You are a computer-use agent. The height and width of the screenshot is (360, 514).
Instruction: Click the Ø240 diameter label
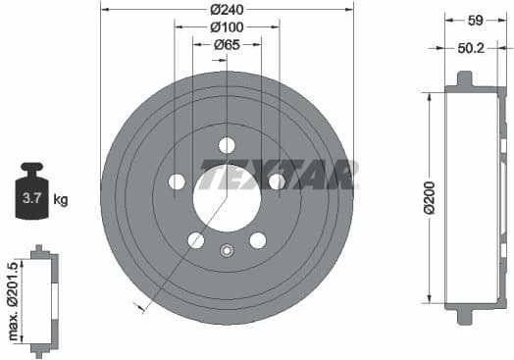(x=227, y=8)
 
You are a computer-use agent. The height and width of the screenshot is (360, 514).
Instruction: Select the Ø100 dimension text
(x=227, y=26)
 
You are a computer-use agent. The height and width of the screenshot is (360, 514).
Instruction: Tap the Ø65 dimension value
(x=227, y=43)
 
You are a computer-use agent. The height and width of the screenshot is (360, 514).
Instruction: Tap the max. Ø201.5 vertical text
(x=11, y=301)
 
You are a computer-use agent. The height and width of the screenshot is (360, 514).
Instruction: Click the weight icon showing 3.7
(x=33, y=195)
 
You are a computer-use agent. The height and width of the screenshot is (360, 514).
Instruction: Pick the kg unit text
(x=61, y=200)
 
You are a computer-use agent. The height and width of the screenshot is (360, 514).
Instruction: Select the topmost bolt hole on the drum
(x=227, y=145)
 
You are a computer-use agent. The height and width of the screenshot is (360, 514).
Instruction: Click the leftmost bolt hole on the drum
(x=177, y=181)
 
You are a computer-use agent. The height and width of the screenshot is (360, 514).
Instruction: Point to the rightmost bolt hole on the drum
(x=277, y=181)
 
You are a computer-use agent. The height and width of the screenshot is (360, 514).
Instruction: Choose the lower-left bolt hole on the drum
(x=196, y=240)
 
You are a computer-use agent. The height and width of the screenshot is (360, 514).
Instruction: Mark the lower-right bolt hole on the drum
(x=258, y=240)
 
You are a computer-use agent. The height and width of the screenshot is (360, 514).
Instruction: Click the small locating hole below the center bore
(x=227, y=249)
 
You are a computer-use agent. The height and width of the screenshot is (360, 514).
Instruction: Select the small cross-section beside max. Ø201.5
(x=40, y=301)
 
